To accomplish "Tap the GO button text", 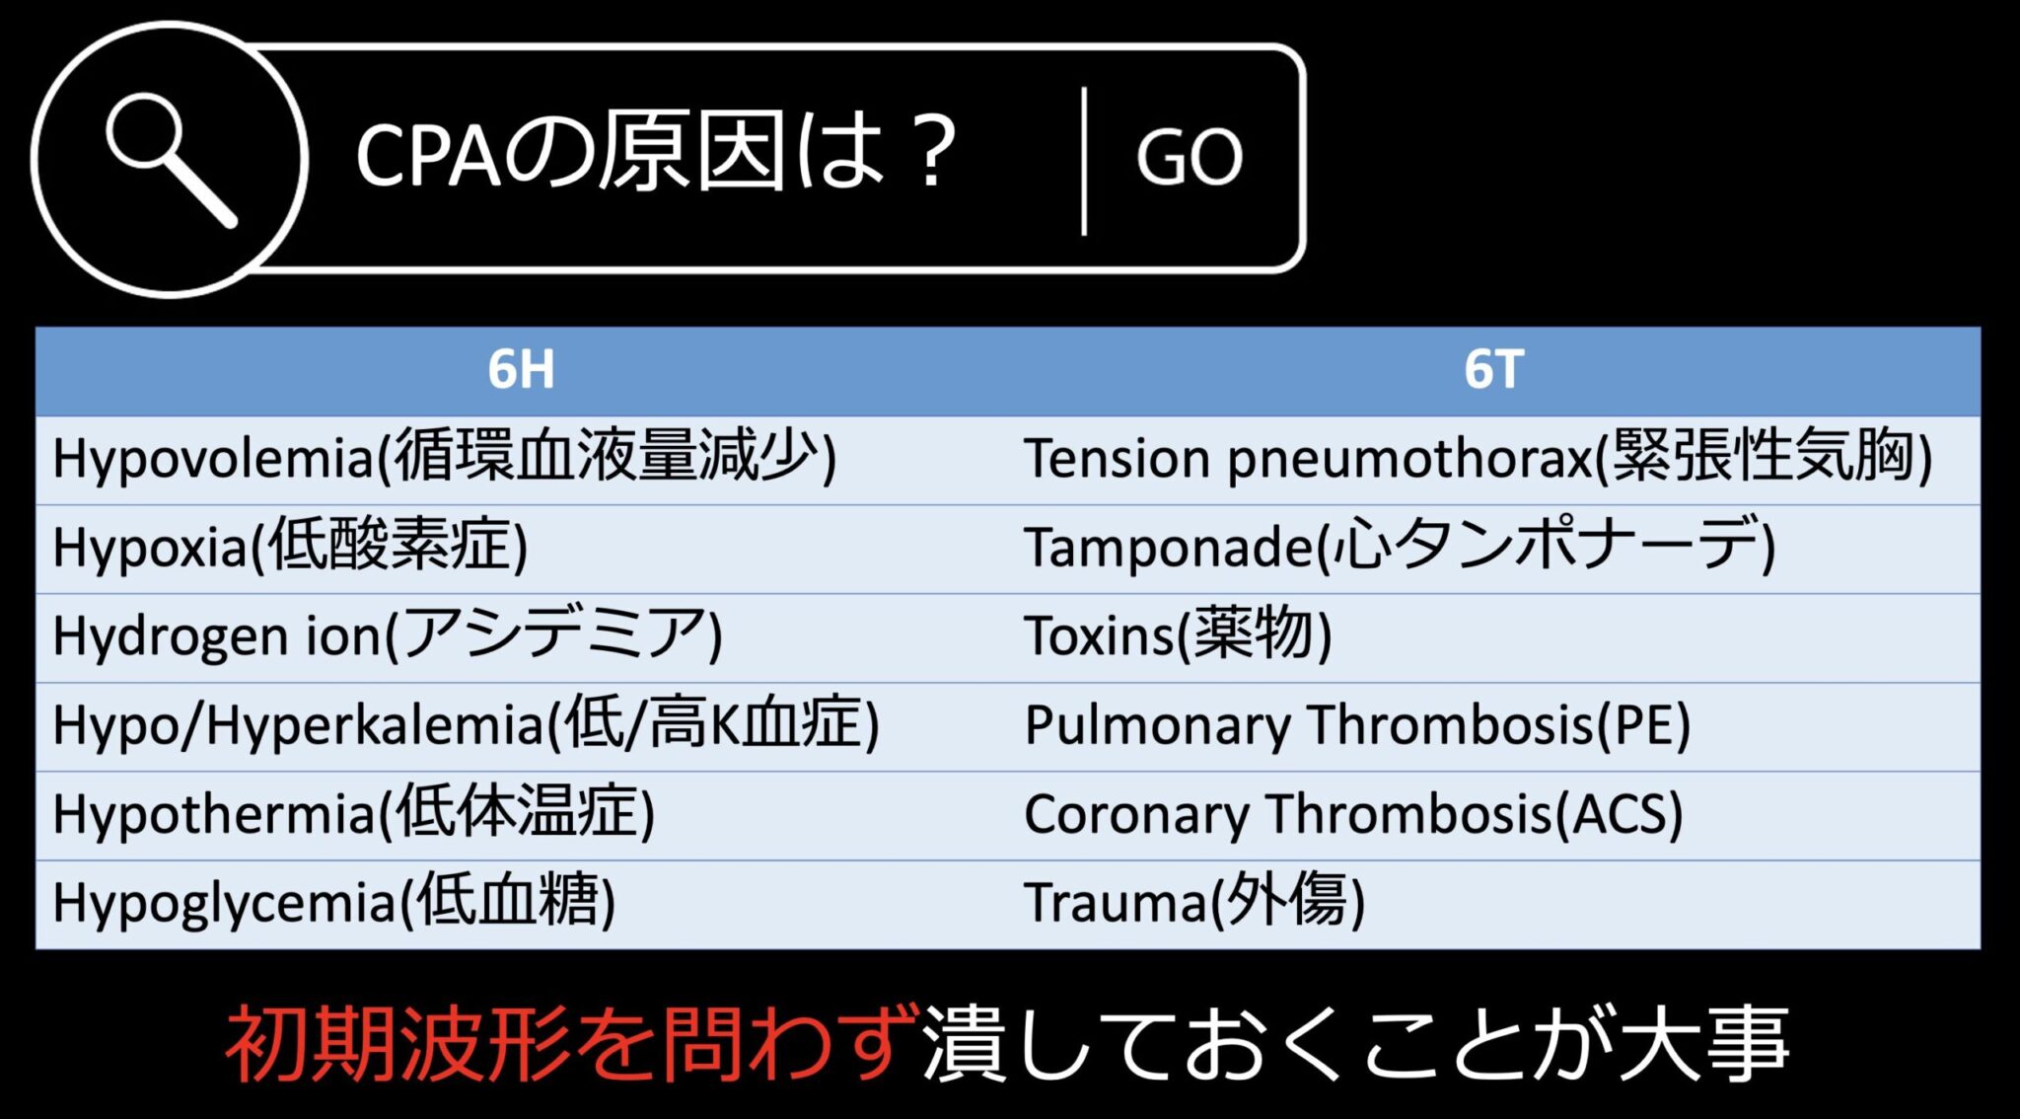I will (1190, 158).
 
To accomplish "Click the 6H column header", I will (521, 370).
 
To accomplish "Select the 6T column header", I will (1493, 370).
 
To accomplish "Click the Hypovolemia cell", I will (444, 458).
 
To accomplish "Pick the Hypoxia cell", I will (290, 547).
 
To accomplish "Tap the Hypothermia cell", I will (353, 813).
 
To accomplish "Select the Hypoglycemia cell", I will (333, 902).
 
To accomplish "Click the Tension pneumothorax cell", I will (1478, 458).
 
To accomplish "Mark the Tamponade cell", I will (1400, 547).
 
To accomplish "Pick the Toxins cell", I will (1178, 635).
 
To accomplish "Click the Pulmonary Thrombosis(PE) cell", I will (1357, 724).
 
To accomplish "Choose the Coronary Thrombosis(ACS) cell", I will (1353, 813).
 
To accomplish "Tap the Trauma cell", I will (1194, 902).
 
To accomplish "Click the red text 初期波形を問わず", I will (572, 1044).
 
